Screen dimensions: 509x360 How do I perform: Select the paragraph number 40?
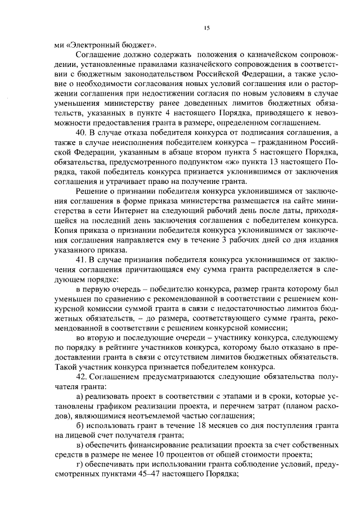(x=82, y=130)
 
